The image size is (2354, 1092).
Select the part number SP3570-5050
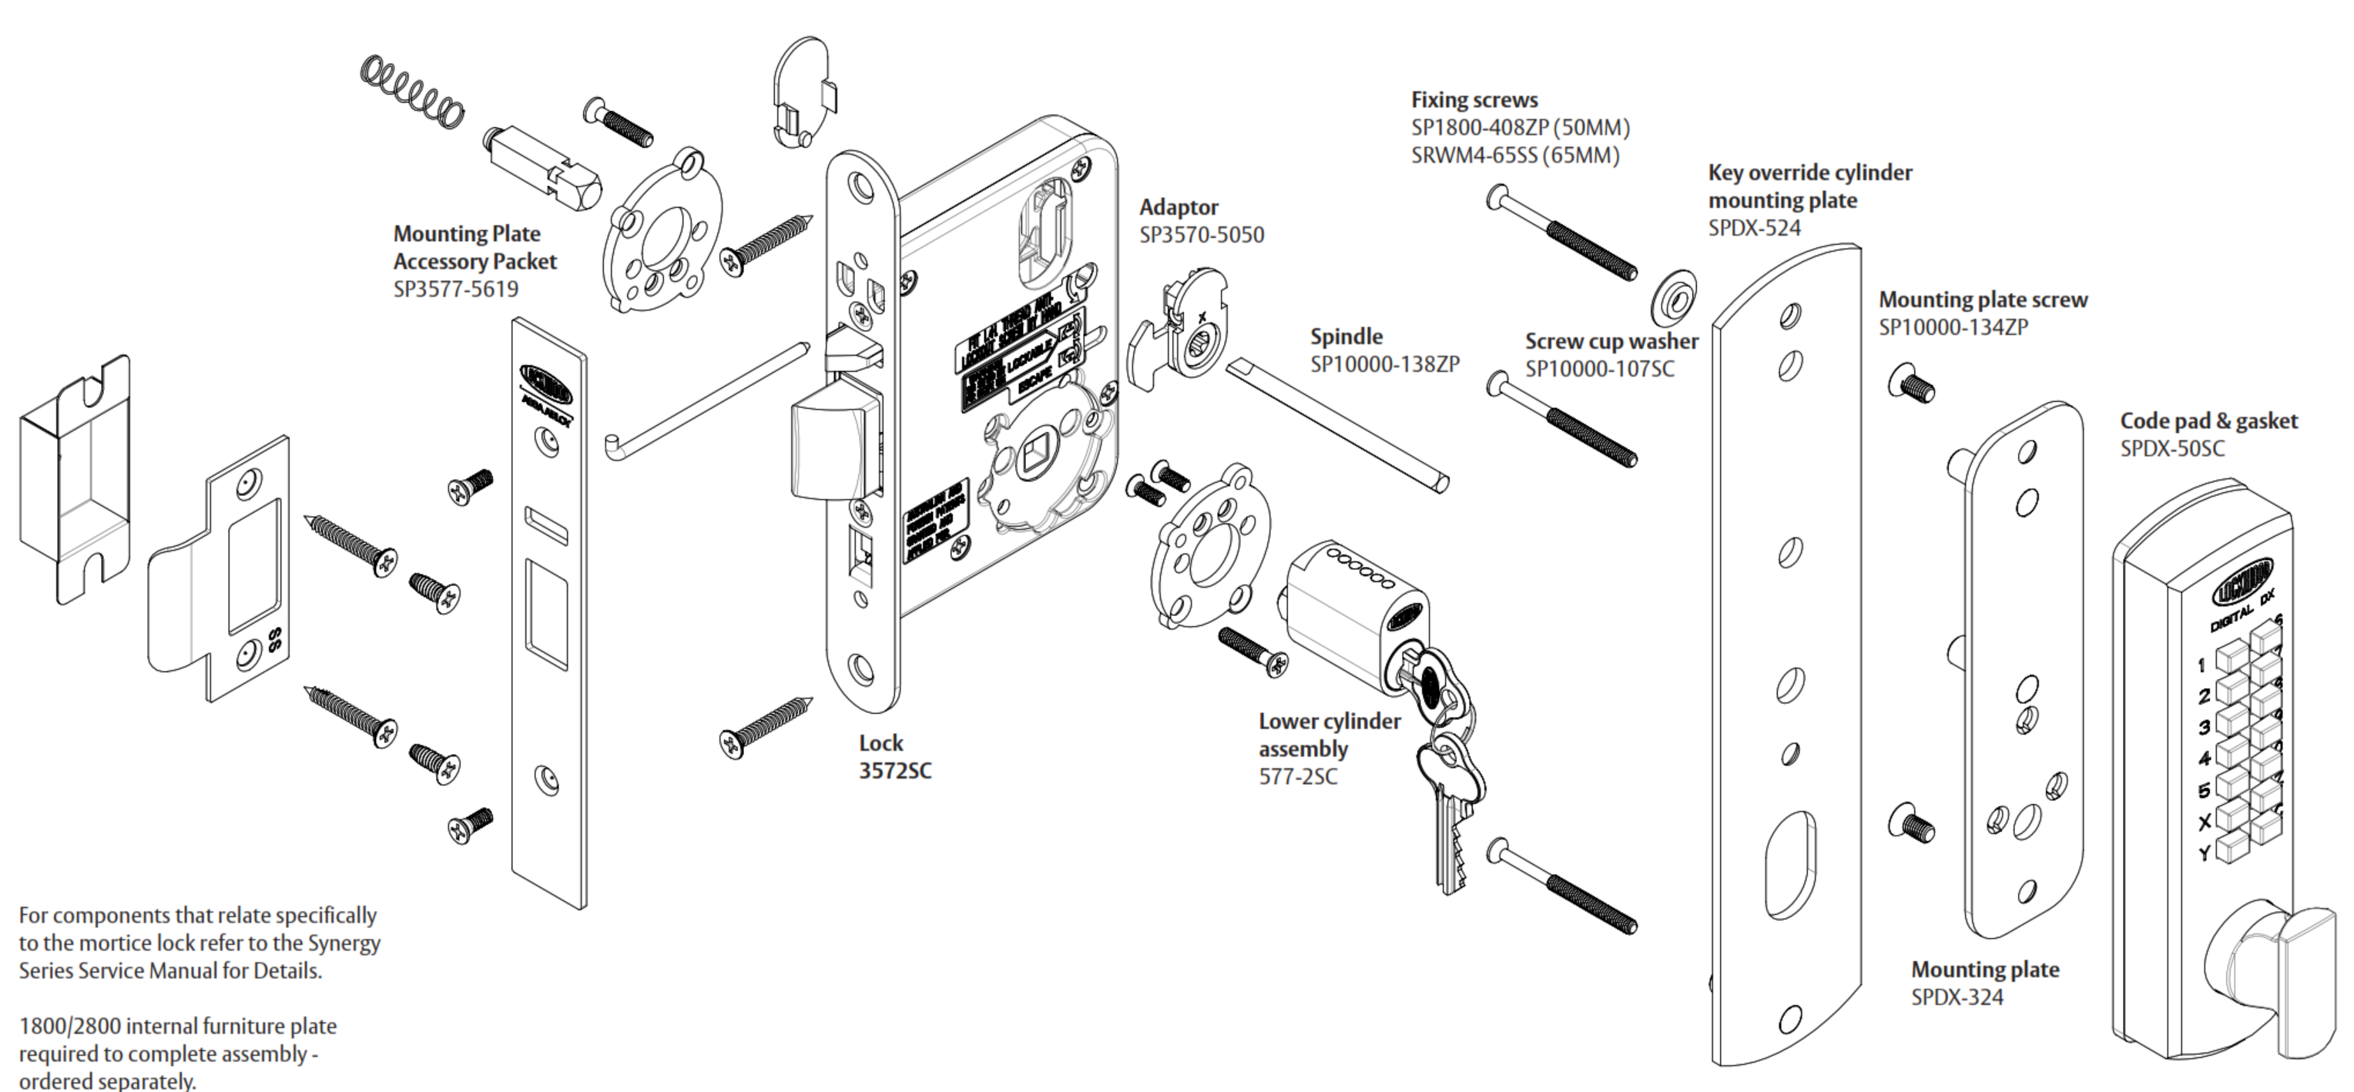1201,235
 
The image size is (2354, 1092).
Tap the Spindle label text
1345,337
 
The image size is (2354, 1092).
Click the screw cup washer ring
1672,298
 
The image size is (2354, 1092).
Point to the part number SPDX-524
1754,227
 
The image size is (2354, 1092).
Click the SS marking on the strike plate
273,640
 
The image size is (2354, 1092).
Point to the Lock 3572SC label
894,757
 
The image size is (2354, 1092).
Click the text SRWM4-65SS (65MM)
1514,156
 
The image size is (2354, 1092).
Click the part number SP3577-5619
455,290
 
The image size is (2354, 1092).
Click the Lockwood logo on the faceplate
545,384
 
